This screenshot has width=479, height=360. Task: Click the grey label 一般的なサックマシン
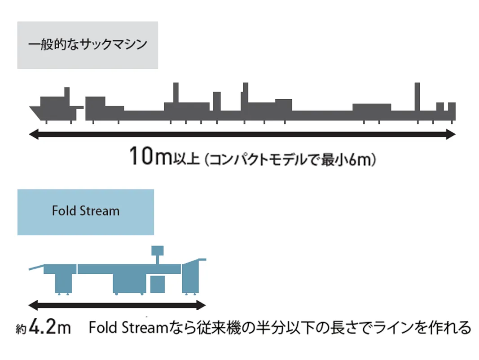click(x=88, y=45)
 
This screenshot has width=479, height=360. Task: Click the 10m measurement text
click(x=150, y=156)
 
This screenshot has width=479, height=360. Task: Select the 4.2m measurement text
click(x=49, y=328)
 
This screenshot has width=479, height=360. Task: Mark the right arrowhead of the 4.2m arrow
click(x=202, y=305)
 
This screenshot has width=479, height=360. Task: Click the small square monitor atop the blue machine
click(x=158, y=250)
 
